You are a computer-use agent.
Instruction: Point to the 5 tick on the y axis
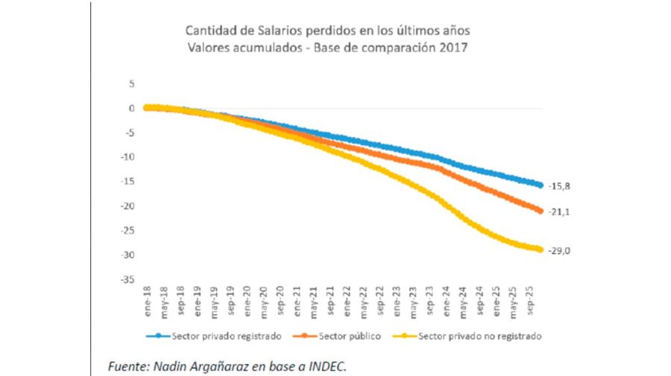pos(131,83)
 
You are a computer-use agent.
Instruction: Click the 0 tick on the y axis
pos(131,108)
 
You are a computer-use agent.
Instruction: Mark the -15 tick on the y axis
pos(128,182)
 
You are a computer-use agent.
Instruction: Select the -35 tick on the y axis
pos(128,279)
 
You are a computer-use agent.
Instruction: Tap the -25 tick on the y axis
pos(128,231)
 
